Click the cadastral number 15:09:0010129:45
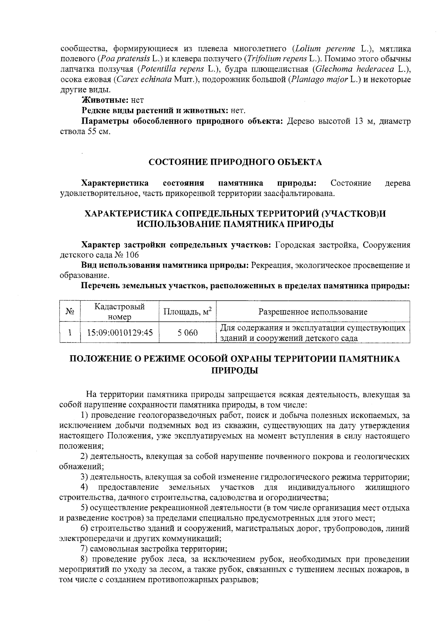120,333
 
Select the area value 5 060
188,333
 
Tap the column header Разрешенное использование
313,312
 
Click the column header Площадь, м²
188,311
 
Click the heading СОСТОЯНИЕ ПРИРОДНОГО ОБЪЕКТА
235,162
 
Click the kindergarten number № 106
126,255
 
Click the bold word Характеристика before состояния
115,183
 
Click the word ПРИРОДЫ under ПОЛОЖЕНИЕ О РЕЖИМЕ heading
235,370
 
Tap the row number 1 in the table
70,333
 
